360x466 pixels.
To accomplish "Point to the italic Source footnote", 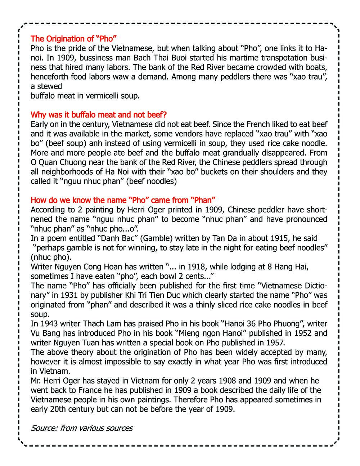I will tap(82, 428).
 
